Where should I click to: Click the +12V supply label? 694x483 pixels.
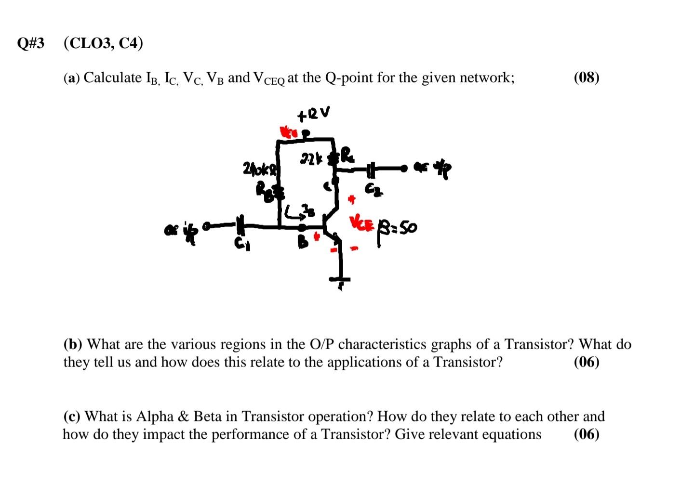pyautogui.click(x=314, y=114)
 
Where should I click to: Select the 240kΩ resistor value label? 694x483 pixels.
pyautogui.click(x=261, y=170)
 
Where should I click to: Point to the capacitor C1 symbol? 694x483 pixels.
pyautogui.click(x=240, y=225)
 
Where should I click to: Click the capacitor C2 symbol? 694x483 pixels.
pyautogui.click(x=371, y=170)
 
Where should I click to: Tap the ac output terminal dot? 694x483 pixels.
pyautogui.click(x=413, y=169)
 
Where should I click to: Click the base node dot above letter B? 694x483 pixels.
pyautogui.click(x=302, y=226)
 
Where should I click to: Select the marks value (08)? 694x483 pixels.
pyautogui.click(x=587, y=77)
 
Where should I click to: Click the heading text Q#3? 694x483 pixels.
pyautogui.click(x=30, y=43)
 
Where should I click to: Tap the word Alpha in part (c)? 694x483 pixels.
pyautogui.click(x=156, y=416)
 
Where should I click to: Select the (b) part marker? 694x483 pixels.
pyautogui.click(x=73, y=344)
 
